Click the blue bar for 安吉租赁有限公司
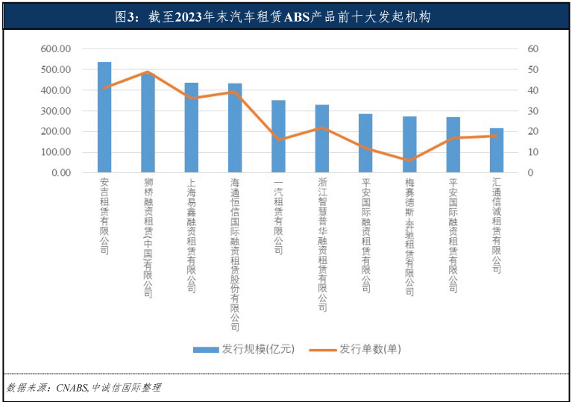click(104, 119)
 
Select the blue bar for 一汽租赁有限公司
click(278, 138)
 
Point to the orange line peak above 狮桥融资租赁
click(148, 72)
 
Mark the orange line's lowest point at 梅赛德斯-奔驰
click(409, 160)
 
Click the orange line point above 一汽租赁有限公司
click(278, 140)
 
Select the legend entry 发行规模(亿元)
click(247, 349)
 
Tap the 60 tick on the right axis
click(532, 49)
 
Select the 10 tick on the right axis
click(532, 152)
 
